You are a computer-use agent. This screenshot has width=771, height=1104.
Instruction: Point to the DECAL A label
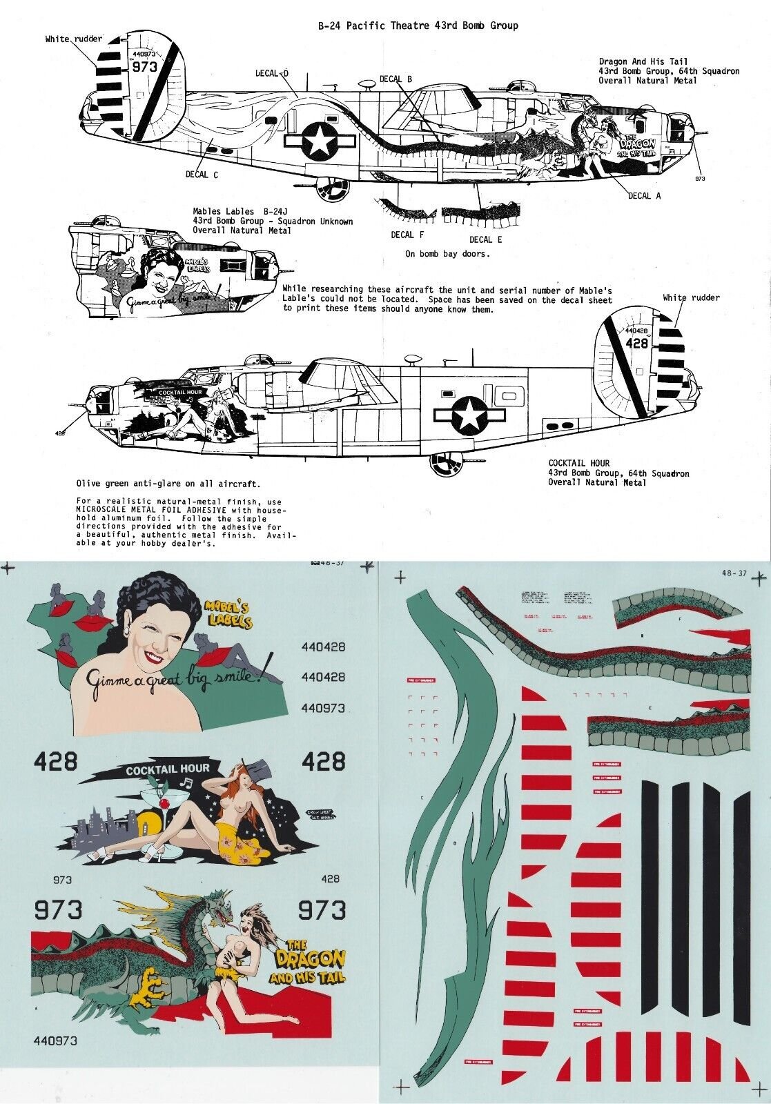tap(643, 196)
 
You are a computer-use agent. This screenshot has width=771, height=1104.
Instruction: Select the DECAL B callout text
tap(396, 79)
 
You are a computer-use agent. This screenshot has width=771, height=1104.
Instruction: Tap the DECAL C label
tap(202, 175)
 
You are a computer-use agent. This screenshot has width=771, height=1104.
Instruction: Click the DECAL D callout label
tap(271, 73)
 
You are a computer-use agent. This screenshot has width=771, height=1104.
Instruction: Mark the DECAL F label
tap(402, 235)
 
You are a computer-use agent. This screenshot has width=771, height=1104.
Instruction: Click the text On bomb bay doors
tap(447, 254)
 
